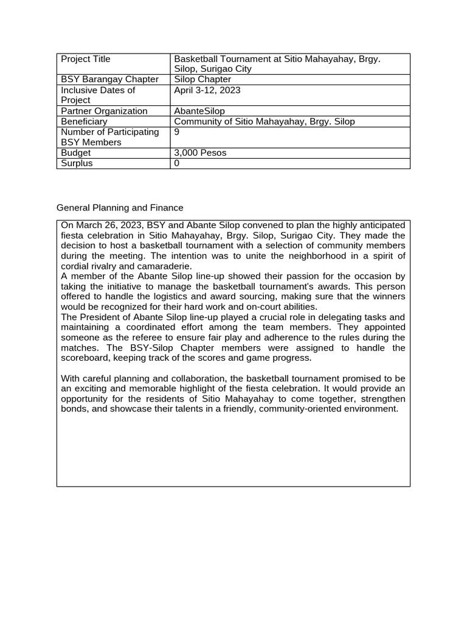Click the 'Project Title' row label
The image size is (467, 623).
click(86, 59)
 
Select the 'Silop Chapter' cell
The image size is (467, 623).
click(202, 80)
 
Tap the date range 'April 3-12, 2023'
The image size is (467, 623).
click(207, 90)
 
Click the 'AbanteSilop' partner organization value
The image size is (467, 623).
click(199, 111)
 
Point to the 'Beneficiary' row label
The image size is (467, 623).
click(84, 122)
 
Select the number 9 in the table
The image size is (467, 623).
click(177, 132)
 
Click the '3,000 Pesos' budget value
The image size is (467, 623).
click(200, 153)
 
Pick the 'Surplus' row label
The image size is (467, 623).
click(77, 164)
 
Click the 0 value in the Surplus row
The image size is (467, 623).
click(177, 164)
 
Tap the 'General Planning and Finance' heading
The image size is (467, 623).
click(120, 208)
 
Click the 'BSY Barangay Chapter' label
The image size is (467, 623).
click(109, 80)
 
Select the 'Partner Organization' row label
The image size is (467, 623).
click(104, 111)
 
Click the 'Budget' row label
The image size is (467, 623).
click(76, 153)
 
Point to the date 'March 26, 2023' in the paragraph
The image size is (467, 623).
click(107, 225)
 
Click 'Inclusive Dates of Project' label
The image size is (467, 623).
click(98, 95)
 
